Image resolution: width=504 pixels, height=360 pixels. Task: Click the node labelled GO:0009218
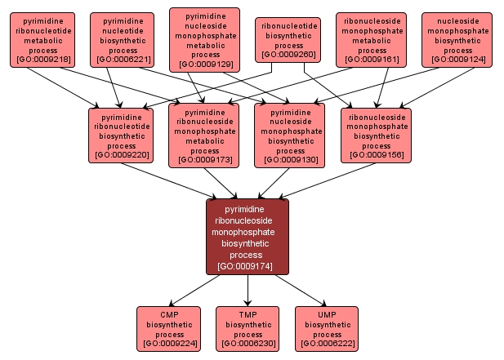(42, 39)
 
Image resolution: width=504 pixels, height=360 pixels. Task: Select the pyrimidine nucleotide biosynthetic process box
(122, 39)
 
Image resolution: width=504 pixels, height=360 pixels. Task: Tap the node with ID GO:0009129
(204, 39)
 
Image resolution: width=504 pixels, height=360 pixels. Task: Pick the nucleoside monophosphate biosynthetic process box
(457, 39)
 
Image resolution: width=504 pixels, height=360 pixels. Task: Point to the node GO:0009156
(376, 132)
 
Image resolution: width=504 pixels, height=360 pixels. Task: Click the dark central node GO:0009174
(247, 236)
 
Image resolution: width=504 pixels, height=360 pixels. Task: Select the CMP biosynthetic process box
(169, 329)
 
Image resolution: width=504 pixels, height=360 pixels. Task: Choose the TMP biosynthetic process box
(248, 329)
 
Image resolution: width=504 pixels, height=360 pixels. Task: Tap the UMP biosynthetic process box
(327, 329)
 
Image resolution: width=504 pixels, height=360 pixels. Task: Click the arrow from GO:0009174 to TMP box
(248, 290)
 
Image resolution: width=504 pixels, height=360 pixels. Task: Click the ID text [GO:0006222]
(327, 344)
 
